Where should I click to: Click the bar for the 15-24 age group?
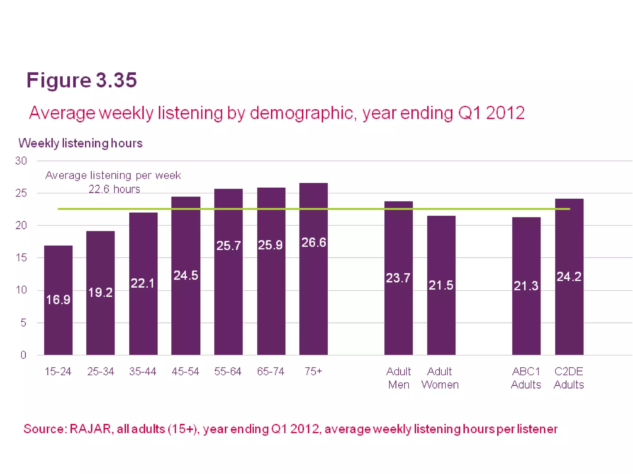pos(58,327)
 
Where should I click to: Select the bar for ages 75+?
pos(313,293)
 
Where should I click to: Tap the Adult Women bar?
pos(441,321)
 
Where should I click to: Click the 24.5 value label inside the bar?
pos(185,275)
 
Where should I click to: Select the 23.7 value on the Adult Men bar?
pos(398,278)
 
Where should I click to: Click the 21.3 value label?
pos(526,286)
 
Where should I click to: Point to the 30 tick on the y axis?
pos(21,161)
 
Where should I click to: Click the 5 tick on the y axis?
pos(23,323)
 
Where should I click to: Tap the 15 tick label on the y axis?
pos(21,258)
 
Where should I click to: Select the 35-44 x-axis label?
pos(143,371)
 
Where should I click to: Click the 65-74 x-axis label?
pos(270,371)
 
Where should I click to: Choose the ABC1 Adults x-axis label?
pos(526,378)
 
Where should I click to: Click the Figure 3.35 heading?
pos(82,80)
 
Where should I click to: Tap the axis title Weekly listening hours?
pos(80,143)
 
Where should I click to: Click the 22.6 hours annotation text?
pos(114,189)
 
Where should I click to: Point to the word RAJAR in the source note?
pos(90,429)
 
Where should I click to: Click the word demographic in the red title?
pos(301,113)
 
